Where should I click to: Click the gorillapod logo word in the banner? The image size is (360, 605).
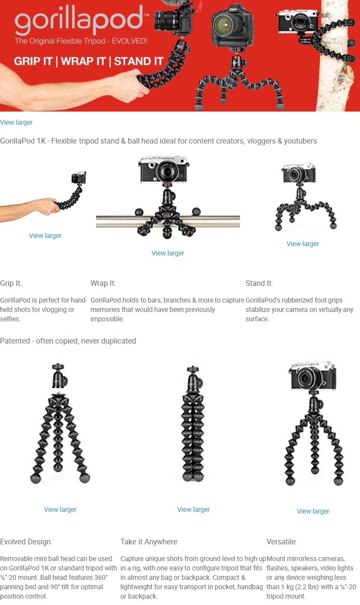pyautogui.click(x=79, y=20)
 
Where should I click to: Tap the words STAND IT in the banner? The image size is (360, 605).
pyautogui.click(x=139, y=61)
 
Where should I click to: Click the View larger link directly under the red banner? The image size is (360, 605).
pyautogui.click(x=16, y=122)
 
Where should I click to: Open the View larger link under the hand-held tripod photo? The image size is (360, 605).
pyautogui.click(x=45, y=235)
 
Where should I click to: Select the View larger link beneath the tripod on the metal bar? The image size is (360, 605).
pyautogui.click(x=167, y=253)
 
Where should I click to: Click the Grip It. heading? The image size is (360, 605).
pyautogui.click(x=11, y=283)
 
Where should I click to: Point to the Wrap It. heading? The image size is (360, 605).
pyautogui.click(x=103, y=283)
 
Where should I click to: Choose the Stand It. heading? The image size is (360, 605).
pyautogui.click(x=259, y=283)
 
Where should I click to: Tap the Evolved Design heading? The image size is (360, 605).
pyautogui.click(x=25, y=541)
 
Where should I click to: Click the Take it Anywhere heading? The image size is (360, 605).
pyautogui.click(x=149, y=541)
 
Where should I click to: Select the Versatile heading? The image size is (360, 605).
pyautogui.click(x=281, y=541)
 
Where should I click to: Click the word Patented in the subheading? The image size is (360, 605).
pyautogui.click(x=15, y=341)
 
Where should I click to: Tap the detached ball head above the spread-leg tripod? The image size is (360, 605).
pyautogui.click(x=59, y=376)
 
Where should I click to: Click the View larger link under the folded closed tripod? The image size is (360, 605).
pyautogui.click(x=193, y=509)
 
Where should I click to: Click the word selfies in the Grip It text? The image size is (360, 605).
pyautogui.click(x=10, y=319)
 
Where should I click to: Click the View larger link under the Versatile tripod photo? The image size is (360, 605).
pyautogui.click(x=313, y=511)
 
